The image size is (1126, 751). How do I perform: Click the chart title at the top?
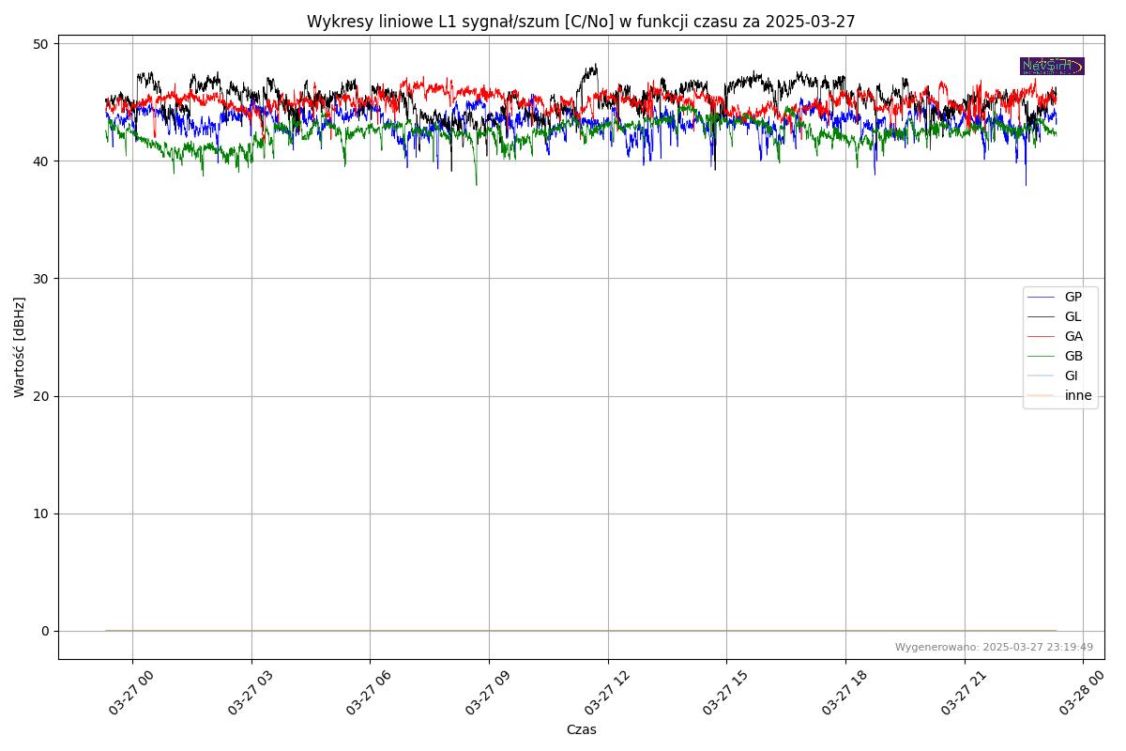[x=581, y=22]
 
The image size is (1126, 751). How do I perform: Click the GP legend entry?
[x=1073, y=297]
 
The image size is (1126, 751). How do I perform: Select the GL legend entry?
[x=1073, y=316]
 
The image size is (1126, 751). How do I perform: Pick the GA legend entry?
[x=1073, y=336]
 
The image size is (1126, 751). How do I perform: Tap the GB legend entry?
[x=1073, y=356]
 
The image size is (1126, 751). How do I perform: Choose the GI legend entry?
[x=1071, y=375]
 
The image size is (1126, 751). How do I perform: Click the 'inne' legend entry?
[x=1077, y=395]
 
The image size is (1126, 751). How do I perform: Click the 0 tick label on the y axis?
[x=44, y=631]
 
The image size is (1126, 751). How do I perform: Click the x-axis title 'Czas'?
[x=581, y=729]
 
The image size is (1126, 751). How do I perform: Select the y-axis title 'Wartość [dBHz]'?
[x=20, y=347]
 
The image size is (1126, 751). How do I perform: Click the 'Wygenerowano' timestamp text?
[x=994, y=647]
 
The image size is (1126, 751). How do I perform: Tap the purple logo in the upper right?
[x=1052, y=66]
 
